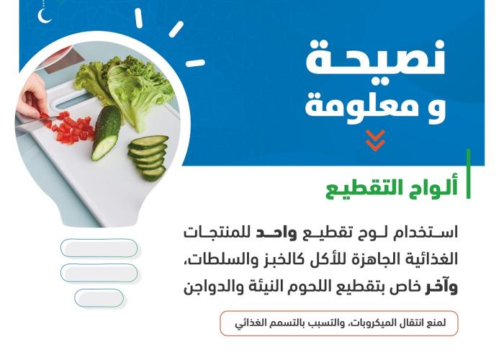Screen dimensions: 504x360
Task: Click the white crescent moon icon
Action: [x=43, y=16]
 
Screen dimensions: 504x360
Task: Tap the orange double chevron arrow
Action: [x=375, y=140]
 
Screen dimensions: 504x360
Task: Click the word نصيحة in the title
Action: [x=375, y=59]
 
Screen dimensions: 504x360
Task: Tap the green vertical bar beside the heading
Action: [x=468, y=174]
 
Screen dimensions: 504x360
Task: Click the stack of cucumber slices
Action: [x=148, y=157]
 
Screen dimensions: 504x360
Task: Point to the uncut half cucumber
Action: [x=106, y=132]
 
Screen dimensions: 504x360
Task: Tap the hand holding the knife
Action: [x=32, y=96]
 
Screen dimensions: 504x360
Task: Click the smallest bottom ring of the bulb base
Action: [x=99, y=298]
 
